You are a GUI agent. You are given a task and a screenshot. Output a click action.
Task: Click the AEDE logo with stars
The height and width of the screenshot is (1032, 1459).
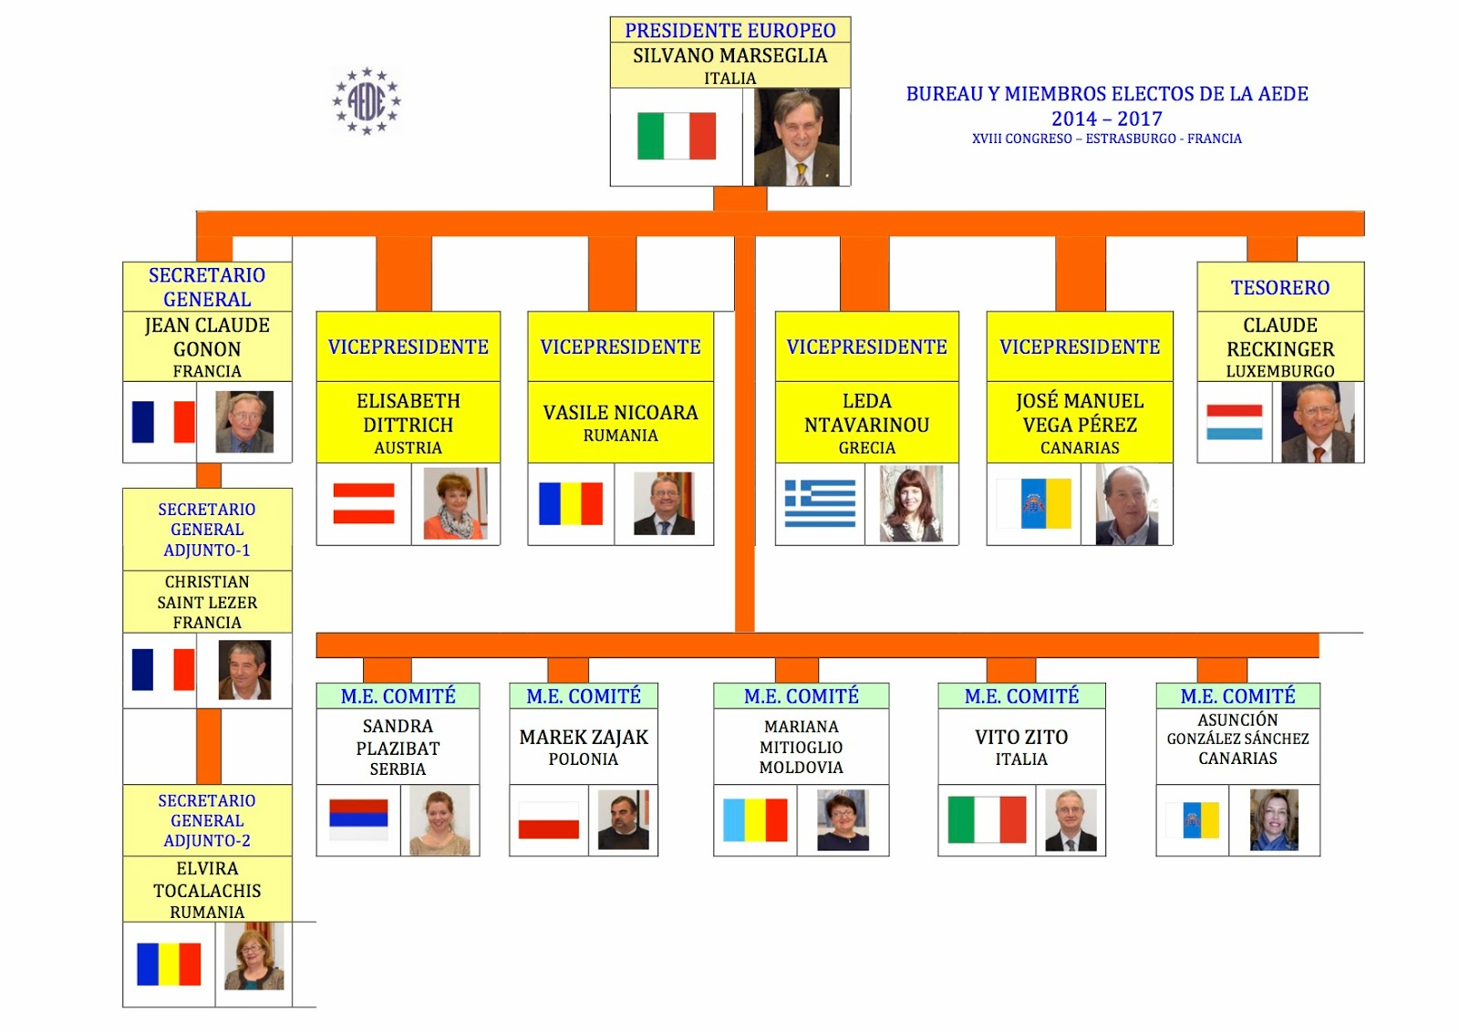[x=367, y=101]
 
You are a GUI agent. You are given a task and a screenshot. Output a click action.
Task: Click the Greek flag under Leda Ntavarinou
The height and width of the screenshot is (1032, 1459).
[x=820, y=503]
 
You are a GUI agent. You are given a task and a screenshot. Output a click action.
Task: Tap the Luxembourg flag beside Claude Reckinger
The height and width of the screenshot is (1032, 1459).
[x=1234, y=422]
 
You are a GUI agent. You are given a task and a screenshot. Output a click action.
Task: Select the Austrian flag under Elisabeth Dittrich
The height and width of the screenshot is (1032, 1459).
[x=364, y=503]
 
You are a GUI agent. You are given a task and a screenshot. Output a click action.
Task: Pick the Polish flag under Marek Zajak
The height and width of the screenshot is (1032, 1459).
[x=548, y=820]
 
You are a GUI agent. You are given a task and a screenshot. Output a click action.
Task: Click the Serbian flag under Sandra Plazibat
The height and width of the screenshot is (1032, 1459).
[x=358, y=820]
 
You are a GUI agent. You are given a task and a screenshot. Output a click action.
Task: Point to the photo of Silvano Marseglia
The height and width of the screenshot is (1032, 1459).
[x=797, y=138]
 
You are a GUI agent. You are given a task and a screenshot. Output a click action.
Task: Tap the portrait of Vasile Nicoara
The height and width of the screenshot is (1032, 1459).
[x=664, y=503]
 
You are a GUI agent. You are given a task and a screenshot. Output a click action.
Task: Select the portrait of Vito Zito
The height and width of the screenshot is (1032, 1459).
[x=1071, y=820]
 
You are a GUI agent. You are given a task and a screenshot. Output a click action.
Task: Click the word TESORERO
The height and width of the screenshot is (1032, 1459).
[x=1279, y=288]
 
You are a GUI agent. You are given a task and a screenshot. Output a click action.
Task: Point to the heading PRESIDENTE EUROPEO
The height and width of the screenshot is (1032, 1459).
[x=729, y=31]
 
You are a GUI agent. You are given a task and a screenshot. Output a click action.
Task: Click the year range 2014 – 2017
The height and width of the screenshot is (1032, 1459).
[x=1106, y=119]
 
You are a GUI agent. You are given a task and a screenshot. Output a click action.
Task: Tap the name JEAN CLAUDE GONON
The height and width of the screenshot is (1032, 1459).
[x=207, y=337]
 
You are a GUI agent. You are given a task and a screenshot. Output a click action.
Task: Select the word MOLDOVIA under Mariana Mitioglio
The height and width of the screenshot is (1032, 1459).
[x=801, y=768]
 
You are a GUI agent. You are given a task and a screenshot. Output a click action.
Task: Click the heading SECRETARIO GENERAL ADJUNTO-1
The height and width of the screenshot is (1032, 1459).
[x=207, y=530]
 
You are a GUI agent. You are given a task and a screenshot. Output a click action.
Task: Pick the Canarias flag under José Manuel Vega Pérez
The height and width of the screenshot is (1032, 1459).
[x=1033, y=503]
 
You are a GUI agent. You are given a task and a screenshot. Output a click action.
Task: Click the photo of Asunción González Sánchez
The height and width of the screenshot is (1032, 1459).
[x=1274, y=820]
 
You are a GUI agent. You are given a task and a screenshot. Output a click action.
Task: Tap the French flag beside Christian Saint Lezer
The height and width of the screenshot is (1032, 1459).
[x=163, y=669]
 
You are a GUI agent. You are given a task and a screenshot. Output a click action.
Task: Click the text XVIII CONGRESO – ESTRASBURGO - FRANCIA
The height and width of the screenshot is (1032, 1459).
[x=1106, y=139]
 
